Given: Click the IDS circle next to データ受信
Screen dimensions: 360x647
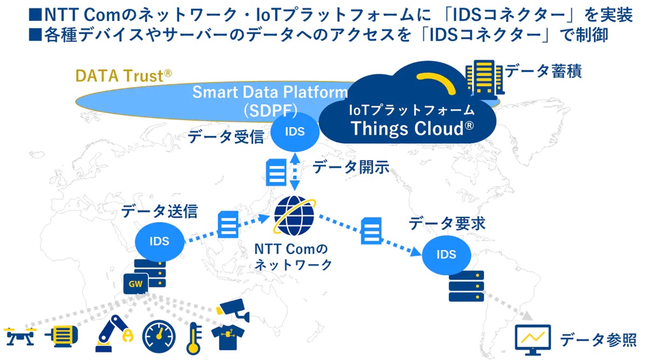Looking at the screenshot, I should pyautogui.click(x=294, y=131).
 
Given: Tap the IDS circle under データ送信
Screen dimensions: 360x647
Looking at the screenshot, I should pyautogui.click(x=159, y=241).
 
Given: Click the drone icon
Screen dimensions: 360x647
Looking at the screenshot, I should pyautogui.click(x=19, y=336).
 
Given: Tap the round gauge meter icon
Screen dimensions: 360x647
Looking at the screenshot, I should pyautogui.click(x=159, y=336).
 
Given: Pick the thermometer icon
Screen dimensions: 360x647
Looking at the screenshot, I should pyautogui.click(x=192, y=337).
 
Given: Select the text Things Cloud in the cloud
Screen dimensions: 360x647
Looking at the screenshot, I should pyautogui.click(x=412, y=129).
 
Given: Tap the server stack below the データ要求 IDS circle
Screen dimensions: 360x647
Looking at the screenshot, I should pyautogui.click(x=466, y=286).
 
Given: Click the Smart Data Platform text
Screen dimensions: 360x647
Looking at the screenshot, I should pyautogui.click(x=270, y=92).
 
